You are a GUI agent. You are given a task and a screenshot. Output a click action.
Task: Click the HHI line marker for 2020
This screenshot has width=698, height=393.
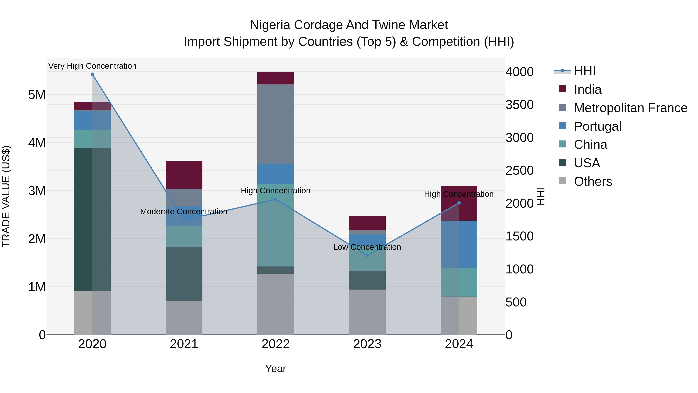pos(92,74)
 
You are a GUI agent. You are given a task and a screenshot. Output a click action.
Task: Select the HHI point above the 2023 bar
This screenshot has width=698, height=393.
pos(367,255)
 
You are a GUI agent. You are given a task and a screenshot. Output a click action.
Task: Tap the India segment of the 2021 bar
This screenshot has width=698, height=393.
pos(184,175)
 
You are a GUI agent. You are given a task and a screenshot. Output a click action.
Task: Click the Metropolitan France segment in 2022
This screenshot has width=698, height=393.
pos(276,124)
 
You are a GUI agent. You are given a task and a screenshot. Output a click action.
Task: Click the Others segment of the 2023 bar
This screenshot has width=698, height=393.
pos(367,312)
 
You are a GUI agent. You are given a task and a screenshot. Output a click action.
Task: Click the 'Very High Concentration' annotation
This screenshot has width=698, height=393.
pos(92,66)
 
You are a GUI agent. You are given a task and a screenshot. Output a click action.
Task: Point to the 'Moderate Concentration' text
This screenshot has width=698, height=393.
pos(184,212)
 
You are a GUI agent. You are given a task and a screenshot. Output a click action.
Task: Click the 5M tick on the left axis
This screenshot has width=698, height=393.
pos(37,95)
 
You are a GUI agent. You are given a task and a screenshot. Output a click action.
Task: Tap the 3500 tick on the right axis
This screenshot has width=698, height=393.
pos(519,105)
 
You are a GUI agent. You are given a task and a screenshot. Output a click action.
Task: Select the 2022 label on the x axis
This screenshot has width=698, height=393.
pos(276,344)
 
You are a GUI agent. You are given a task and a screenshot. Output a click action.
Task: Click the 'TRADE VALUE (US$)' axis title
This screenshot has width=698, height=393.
pos(6,196)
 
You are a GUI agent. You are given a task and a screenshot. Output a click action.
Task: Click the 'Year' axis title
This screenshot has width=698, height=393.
pos(276,369)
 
